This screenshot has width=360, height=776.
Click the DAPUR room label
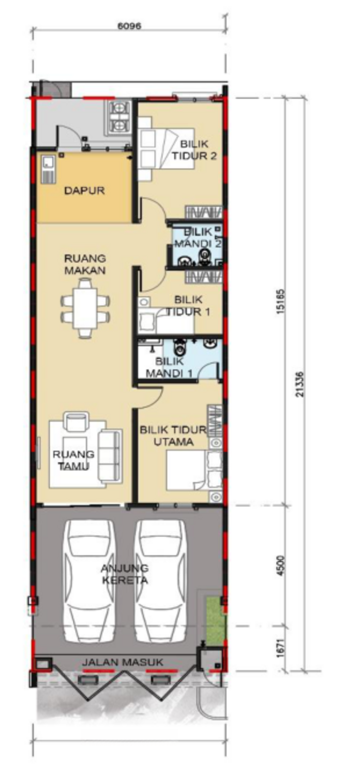point(84,190)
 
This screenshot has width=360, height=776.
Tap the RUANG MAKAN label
point(85,264)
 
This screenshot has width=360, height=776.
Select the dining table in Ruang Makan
point(85,308)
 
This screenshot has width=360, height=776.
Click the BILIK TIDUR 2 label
point(194,150)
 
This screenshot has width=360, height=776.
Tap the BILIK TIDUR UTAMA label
point(173,436)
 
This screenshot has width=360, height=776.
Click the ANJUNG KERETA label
point(125,574)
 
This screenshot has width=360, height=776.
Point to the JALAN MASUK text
point(122,662)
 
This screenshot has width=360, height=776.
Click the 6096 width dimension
point(129,26)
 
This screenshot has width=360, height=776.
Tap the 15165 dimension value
point(280,302)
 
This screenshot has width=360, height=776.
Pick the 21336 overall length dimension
point(301,384)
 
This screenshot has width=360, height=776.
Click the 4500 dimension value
point(281,565)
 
